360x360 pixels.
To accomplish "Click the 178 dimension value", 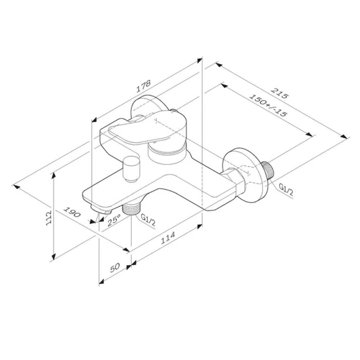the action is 144,86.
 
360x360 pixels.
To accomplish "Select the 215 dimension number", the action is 279,92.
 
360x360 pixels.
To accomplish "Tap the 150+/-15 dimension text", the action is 268,105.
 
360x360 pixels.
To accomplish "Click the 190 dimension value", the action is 72,212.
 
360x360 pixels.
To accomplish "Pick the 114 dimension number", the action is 168,238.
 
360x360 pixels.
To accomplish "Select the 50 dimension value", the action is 115,268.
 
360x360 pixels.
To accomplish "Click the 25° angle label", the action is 114,220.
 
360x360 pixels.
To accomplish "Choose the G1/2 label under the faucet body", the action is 148,220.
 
